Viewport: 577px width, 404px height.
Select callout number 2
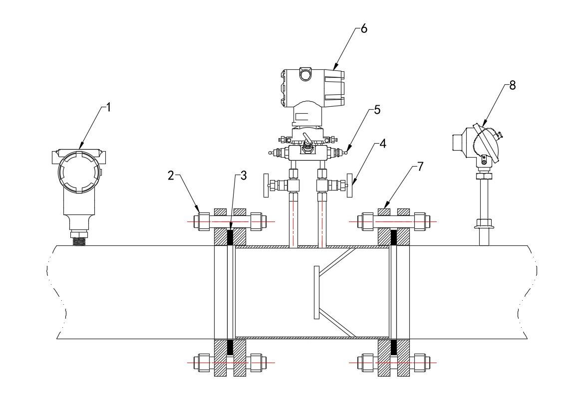pyautogui.click(x=171, y=175)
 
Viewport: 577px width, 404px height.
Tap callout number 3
pyautogui.click(x=243, y=175)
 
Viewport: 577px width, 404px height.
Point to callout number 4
pyautogui.click(x=382, y=144)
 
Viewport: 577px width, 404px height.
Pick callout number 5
pyautogui.click(x=377, y=110)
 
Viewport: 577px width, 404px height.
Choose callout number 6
pyautogui.click(x=363, y=28)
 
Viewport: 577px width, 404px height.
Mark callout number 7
pyautogui.click(x=420, y=167)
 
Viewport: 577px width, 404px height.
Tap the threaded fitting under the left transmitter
pyautogui.click(x=79, y=241)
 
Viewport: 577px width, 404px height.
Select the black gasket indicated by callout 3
pyautogui.click(x=231, y=237)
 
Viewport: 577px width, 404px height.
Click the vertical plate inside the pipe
pyautogui.click(x=316, y=292)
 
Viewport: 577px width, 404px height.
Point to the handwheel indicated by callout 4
pyautogui.click(x=350, y=185)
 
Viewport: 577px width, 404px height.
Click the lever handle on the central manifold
pyautogui.click(x=306, y=140)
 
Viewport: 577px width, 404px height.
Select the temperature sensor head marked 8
pyautogui.click(x=479, y=142)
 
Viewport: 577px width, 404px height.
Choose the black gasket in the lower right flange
pyautogui.click(x=393, y=347)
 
